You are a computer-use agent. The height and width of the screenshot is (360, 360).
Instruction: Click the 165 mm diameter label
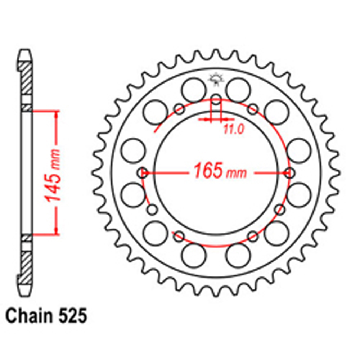pos(220,171)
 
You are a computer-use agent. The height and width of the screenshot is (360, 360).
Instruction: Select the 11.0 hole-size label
pos(233,130)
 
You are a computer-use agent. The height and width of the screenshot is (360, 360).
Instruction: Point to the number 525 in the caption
pos(73,316)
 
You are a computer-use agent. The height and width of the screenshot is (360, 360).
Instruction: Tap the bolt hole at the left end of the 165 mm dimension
pos(143,173)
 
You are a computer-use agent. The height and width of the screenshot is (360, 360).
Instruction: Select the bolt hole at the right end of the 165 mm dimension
pos(289,173)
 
